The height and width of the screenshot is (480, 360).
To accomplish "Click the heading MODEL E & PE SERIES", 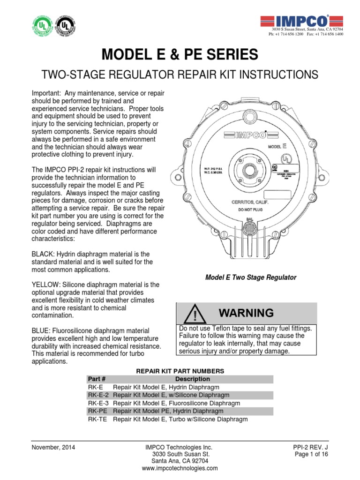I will click(180, 55).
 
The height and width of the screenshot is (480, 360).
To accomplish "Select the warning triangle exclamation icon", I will click(192, 313).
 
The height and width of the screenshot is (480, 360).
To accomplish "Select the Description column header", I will click(192, 379).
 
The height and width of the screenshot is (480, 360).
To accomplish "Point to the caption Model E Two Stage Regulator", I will click(251, 277).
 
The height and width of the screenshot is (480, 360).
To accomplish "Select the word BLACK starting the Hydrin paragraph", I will click(43, 254).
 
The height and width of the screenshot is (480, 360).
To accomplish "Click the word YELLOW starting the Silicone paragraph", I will click(45, 285).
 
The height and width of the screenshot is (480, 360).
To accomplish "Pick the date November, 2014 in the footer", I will click(53, 447).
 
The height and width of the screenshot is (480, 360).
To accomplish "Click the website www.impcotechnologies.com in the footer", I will click(180, 468).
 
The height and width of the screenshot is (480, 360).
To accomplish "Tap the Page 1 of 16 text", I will click(311, 454).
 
